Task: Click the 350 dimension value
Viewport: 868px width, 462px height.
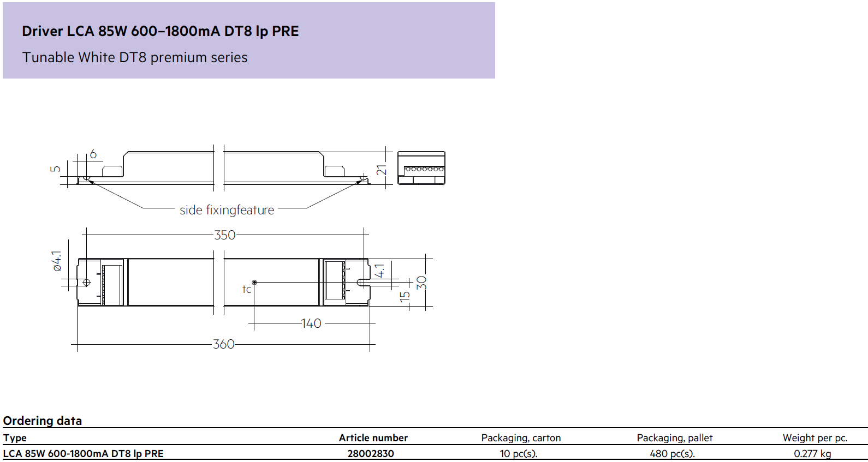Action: coord(225,235)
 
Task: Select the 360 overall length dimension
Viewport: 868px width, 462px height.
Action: coord(224,344)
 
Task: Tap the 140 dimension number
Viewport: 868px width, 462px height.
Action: coord(311,323)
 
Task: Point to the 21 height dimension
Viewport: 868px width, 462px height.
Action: coord(382,170)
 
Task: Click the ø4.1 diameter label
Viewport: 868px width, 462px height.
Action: coord(57,261)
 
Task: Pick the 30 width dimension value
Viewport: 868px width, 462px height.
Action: coord(421,283)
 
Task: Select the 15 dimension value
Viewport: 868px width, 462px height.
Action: coord(405,297)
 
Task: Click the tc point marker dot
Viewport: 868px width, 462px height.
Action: coord(254,283)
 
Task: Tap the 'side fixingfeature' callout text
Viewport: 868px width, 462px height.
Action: coord(227,210)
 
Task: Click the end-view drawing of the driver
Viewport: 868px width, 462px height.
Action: coord(421,167)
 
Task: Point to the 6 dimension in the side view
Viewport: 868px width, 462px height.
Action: coord(93,154)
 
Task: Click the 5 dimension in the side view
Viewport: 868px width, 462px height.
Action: coord(56,169)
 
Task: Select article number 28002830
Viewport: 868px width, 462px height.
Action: coord(371,453)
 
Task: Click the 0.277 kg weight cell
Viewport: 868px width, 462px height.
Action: coord(812,453)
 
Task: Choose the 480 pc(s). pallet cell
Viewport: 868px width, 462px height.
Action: coord(672,453)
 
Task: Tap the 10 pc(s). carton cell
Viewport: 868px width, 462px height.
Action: coord(518,453)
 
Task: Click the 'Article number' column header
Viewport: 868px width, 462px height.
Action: coord(373,437)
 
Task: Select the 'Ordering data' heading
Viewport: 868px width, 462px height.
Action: coord(42,421)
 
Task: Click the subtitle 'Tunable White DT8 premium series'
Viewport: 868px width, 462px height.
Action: coord(135,57)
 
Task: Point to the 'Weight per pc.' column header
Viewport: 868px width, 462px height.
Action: coord(815,438)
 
